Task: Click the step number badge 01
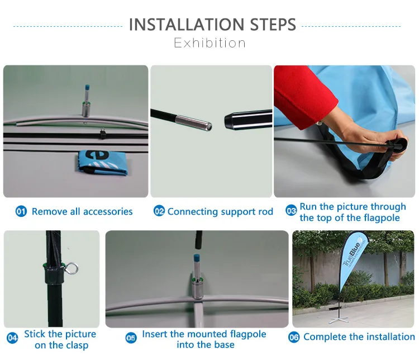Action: click(21, 211)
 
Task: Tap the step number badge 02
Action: click(159, 211)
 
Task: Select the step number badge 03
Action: click(291, 211)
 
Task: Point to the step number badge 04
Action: click(12, 338)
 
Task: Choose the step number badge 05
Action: click(131, 338)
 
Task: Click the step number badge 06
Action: click(294, 337)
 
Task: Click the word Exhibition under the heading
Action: click(209, 43)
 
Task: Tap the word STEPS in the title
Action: click(273, 25)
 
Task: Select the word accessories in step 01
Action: click(108, 211)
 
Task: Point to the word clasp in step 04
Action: click(77, 345)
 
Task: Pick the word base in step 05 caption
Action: click(225, 345)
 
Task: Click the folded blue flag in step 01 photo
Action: click(101, 163)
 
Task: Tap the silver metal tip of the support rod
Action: click(193, 122)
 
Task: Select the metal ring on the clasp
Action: click(72, 268)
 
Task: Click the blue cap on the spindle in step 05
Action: click(198, 258)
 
